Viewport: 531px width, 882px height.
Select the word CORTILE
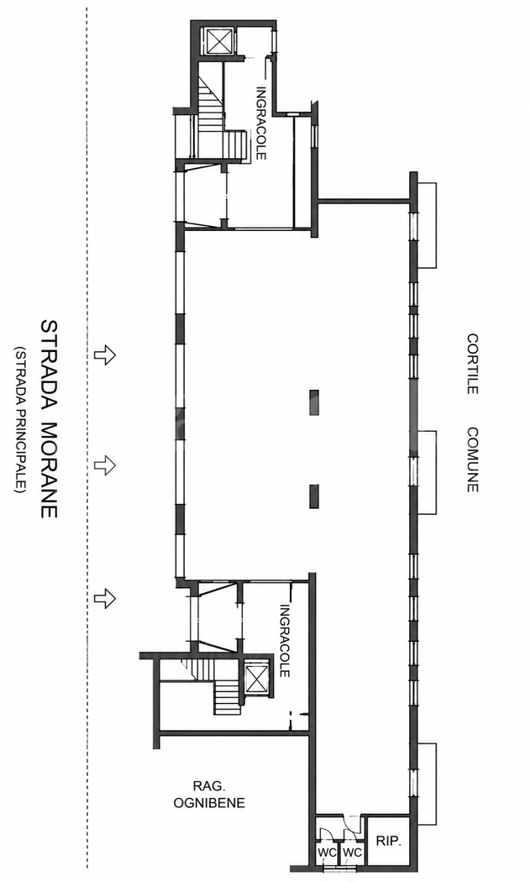(472, 364)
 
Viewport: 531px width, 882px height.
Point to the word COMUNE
(472, 459)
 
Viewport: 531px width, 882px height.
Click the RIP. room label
(388, 842)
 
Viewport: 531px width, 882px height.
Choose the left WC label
(328, 853)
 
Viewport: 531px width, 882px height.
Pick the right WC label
(353, 853)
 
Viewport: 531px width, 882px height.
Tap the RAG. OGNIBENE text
(209, 795)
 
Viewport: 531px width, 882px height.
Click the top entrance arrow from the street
(105, 355)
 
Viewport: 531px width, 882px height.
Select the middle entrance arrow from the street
(105, 465)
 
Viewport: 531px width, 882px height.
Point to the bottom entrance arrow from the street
(105, 597)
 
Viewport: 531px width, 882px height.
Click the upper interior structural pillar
(314, 402)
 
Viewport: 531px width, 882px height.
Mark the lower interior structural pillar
(314, 496)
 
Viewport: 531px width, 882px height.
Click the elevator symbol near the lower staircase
(258, 678)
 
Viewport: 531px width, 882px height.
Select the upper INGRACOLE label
(261, 123)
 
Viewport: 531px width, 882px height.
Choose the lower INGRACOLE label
(285, 641)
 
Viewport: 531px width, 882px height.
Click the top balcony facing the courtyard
(426, 225)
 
